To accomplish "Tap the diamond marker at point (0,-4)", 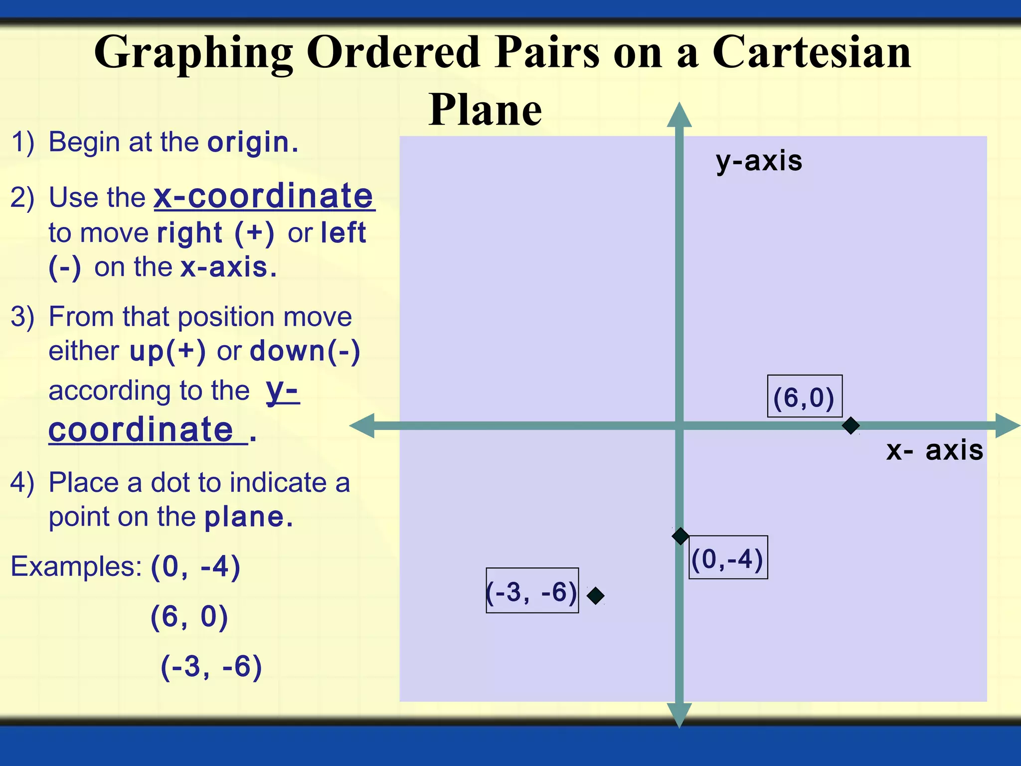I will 681,537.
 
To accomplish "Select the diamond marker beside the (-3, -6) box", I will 595,595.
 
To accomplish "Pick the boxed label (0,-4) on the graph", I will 728,558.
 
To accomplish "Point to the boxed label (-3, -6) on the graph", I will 532,590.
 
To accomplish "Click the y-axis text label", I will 759,161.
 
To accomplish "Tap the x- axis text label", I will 934,450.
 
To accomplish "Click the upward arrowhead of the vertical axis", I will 679,116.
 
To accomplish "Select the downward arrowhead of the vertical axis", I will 679,714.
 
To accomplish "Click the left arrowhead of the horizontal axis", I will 363,426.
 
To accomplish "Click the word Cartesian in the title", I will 812,52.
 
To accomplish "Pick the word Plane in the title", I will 485,110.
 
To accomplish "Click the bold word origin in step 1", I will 252,143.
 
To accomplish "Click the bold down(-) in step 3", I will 305,351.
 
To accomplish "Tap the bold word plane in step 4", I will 248,517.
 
